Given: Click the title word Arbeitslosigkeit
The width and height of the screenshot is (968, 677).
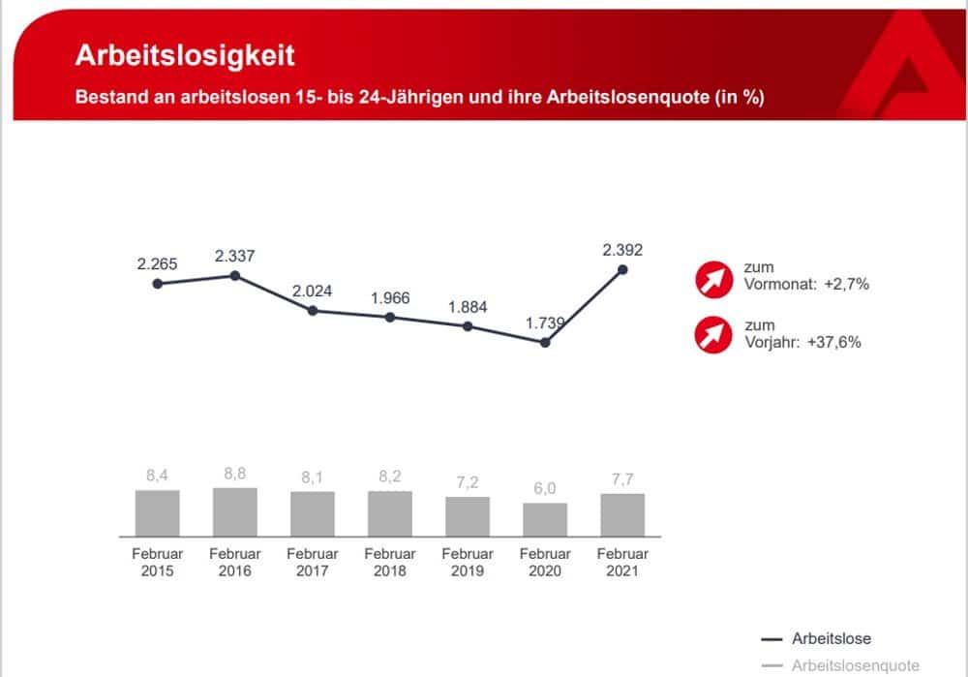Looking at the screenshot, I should tap(185, 55).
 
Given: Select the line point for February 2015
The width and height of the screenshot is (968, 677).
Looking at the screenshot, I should tap(158, 284).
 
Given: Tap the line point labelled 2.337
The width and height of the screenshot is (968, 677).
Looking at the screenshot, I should tap(235, 276).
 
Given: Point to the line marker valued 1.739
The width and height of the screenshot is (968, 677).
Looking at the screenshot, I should tap(545, 342).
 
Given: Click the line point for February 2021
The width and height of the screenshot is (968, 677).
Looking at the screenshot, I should tap(622, 269).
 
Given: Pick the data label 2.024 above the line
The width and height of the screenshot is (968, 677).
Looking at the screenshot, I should tap(313, 291).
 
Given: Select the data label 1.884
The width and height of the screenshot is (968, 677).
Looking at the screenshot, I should tap(468, 307).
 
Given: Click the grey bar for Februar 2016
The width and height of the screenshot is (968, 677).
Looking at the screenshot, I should tap(235, 511).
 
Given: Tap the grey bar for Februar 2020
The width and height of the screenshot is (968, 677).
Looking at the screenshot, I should tap(545, 519).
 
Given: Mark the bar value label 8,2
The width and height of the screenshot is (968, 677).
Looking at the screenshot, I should tap(390, 478).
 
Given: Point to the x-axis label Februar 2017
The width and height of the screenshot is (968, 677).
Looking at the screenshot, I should tap(313, 562).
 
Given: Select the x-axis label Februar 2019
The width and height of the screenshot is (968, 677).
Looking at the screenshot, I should tap(468, 562).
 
